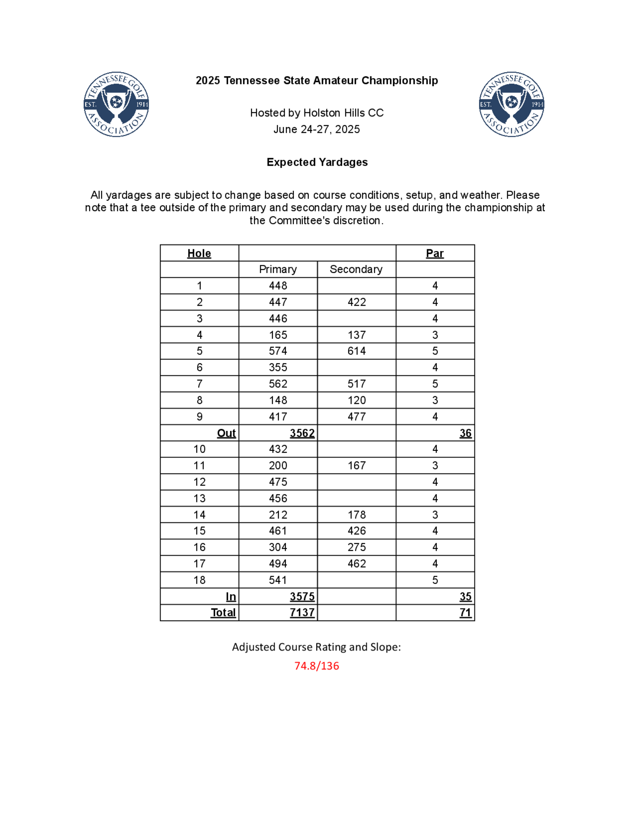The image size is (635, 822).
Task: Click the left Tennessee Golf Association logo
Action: pos(116,104)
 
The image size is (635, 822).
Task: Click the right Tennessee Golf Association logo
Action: pos(511,104)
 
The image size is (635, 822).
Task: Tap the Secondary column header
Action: pos(356,269)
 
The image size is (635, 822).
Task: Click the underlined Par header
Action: pos(435,253)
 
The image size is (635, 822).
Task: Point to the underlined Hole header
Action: pos(199,253)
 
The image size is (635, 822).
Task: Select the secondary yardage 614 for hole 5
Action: pos(356,351)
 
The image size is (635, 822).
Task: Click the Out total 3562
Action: pos(302,433)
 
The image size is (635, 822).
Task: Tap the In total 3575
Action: pos(302,596)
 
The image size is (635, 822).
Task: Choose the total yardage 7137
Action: pos(302,613)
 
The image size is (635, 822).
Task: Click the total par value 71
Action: pos(465,613)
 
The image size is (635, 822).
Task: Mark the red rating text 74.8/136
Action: pos(317,666)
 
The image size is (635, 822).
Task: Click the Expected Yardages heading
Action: pos(317,162)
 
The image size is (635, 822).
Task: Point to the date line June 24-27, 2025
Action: pos(317,130)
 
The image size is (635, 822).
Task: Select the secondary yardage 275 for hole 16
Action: pos(356,547)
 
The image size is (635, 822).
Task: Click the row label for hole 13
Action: pos(199,498)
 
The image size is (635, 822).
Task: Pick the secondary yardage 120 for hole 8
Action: pos(356,400)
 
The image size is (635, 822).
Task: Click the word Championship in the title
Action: pos(399,81)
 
